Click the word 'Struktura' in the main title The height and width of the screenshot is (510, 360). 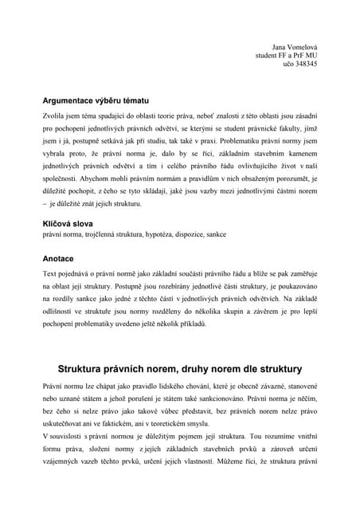(x=83, y=370)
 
